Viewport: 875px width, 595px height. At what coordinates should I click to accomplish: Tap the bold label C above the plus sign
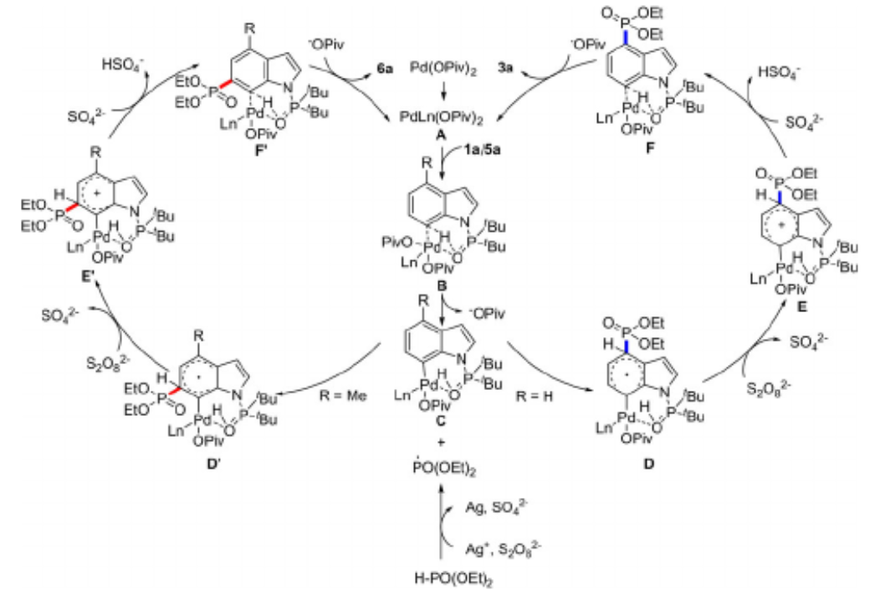438,423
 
